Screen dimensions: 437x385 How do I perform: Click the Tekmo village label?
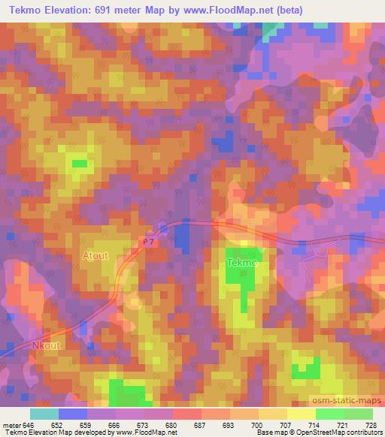241,264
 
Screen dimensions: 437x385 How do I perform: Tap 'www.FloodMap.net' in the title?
249,10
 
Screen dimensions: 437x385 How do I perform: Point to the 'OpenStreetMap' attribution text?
320,432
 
